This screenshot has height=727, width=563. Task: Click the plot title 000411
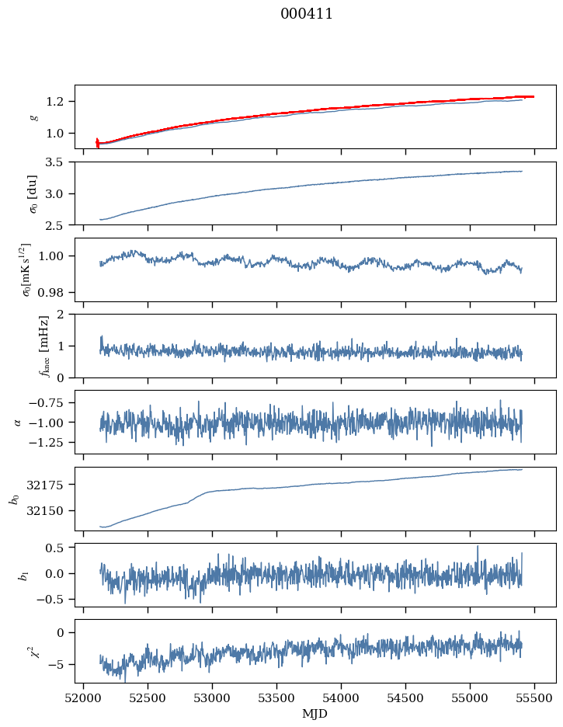[307, 14]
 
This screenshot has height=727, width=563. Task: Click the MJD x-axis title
[315, 714]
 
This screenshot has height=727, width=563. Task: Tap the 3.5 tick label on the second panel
[59, 162]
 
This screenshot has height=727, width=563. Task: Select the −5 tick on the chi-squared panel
[59, 665]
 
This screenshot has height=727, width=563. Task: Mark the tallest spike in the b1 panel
[478, 547]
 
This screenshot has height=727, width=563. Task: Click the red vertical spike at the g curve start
[97, 142]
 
